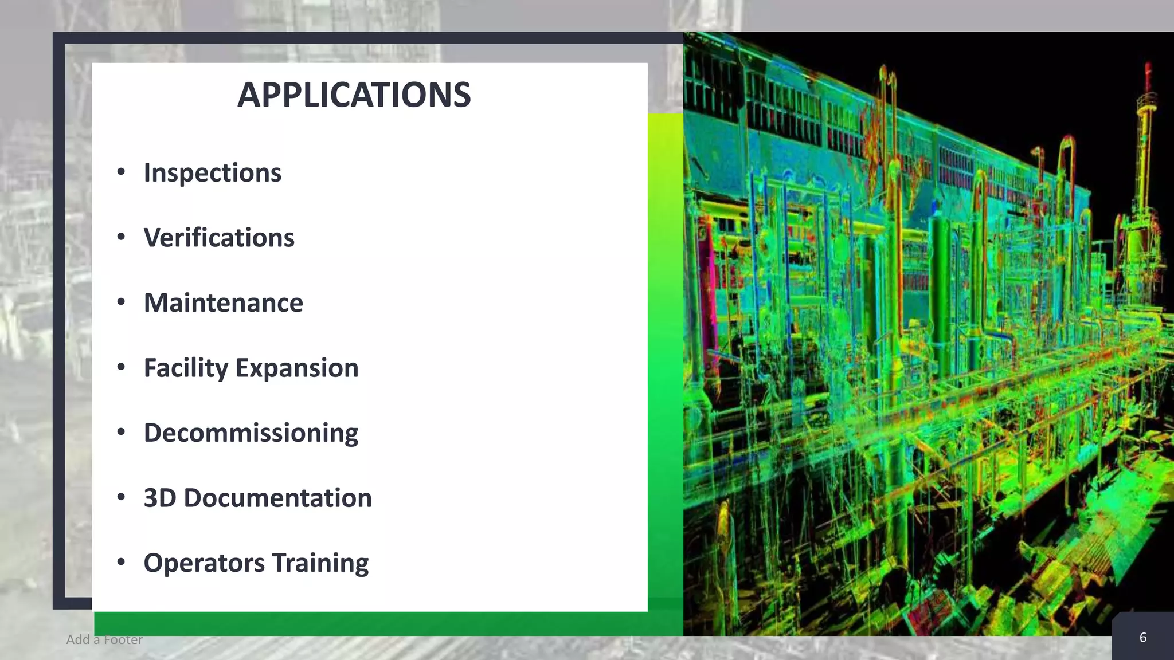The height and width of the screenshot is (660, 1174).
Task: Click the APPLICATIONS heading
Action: pos(354,95)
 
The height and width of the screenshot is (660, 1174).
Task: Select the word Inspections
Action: pos(212,173)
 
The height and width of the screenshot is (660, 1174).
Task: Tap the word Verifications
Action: pos(218,238)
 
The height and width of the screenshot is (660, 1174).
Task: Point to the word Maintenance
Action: pos(223,303)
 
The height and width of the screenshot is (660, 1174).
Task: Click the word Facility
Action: pos(186,368)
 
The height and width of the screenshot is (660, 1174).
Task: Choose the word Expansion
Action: pos(297,368)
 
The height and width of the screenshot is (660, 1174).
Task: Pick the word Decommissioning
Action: pos(251,433)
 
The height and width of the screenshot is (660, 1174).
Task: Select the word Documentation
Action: pos(277,498)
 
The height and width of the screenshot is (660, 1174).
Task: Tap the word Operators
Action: pos(204,563)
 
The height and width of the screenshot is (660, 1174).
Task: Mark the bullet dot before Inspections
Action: pos(121,172)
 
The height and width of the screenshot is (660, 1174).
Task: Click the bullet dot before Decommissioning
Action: pos(121,432)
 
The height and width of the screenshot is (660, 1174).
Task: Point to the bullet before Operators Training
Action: pos(121,562)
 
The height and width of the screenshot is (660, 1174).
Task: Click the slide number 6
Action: pos(1142,638)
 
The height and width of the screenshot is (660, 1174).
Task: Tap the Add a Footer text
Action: pos(104,639)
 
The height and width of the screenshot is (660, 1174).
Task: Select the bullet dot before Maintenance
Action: pos(121,302)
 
